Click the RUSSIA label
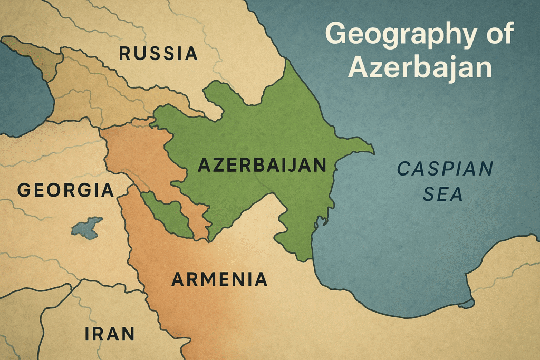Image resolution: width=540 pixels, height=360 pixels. (x=158, y=53)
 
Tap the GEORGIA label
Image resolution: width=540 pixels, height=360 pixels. (x=65, y=190)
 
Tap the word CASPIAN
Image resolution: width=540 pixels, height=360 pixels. (x=446, y=170)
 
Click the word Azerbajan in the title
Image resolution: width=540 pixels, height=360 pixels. (x=420, y=67)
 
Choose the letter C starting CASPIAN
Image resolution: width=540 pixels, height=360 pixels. (x=404, y=170)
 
